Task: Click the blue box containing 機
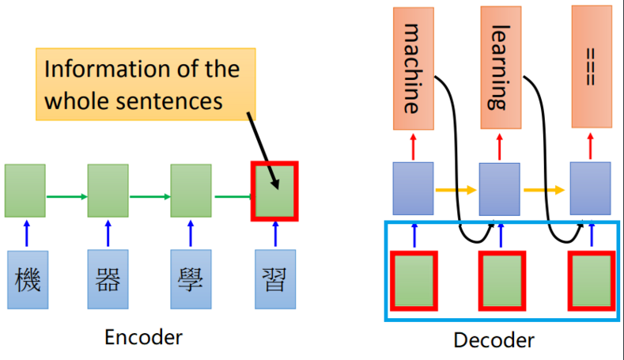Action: [28, 280]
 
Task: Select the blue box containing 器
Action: [108, 280]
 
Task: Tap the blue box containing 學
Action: [191, 280]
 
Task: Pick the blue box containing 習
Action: [274, 280]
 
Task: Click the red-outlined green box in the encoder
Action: [274, 191]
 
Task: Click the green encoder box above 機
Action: [25, 191]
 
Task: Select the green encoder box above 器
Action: [108, 191]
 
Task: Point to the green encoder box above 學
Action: [191, 191]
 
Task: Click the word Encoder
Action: [143, 336]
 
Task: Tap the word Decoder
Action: [494, 340]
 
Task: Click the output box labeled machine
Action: [412, 68]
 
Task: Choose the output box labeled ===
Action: [592, 68]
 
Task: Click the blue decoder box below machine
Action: [413, 188]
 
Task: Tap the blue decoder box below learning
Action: [499, 188]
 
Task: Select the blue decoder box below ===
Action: [591, 188]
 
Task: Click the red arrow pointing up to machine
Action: [413, 146]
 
